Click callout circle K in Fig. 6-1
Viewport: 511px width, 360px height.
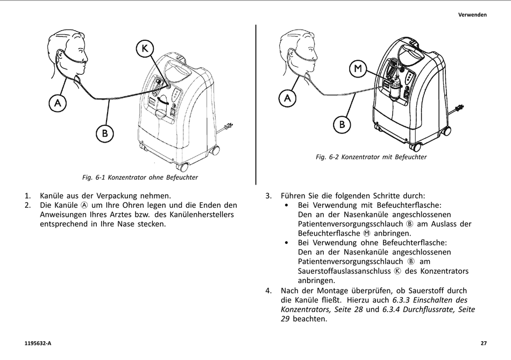(x=144, y=49)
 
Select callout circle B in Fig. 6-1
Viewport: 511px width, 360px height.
(x=105, y=133)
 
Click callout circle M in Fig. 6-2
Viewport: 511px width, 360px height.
(x=358, y=69)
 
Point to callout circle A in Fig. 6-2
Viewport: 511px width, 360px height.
(x=288, y=98)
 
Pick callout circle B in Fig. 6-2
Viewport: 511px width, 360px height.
(x=342, y=125)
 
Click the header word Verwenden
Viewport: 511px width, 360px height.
(x=472, y=15)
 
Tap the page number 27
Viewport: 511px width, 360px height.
(x=484, y=343)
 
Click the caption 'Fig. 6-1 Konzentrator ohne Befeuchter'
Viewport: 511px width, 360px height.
(x=140, y=177)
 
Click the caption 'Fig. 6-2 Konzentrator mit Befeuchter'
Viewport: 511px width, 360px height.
(x=371, y=157)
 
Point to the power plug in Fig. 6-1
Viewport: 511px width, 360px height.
(x=228, y=127)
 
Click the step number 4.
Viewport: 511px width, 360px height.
(x=268, y=291)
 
